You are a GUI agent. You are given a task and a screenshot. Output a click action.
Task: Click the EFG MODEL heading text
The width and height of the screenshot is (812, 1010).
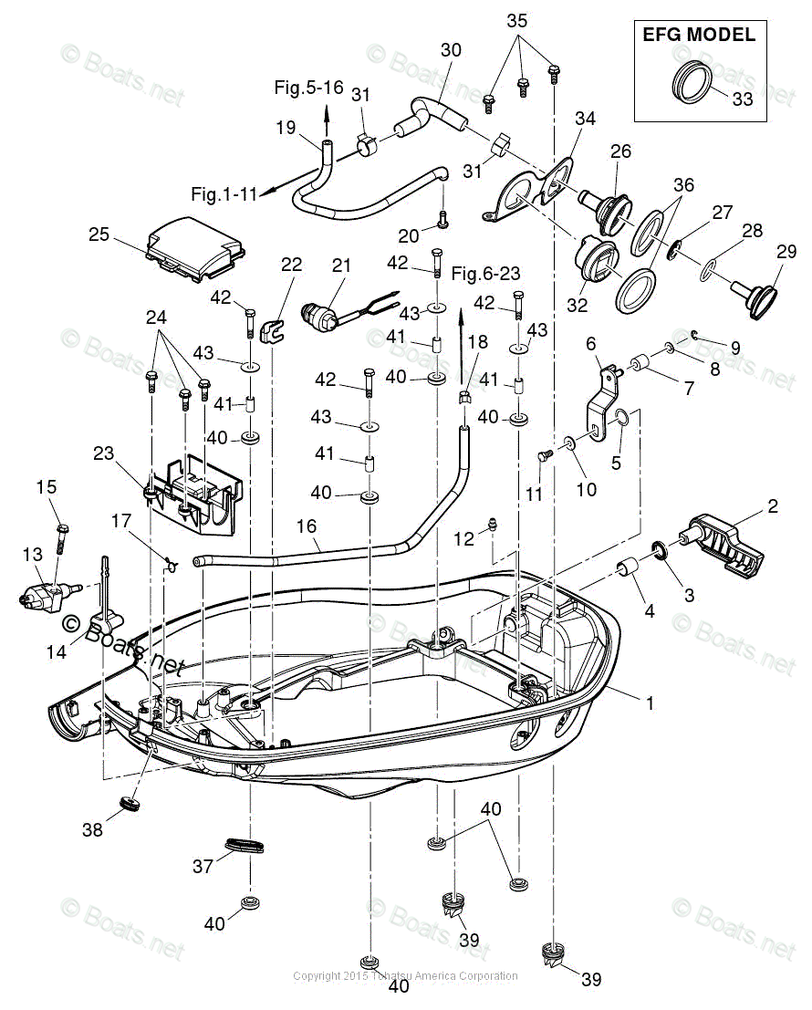pyautogui.click(x=699, y=36)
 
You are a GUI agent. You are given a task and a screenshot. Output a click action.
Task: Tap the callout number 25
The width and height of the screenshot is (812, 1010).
pyautogui.click(x=99, y=234)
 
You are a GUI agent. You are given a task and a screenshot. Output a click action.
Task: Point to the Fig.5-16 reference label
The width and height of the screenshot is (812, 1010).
pyautogui.click(x=308, y=88)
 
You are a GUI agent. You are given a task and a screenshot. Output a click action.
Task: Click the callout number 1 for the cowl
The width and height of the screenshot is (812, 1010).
pyautogui.click(x=650, y=703)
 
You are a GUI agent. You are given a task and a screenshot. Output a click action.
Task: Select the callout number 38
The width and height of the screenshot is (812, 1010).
pyautogui.click(x=92, y=830)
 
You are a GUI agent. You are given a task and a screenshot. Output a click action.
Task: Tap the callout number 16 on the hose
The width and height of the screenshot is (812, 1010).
pyautogui.click(x=306, y=526)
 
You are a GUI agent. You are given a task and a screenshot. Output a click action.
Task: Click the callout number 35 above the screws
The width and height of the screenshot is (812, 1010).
pyautogui.click(x=517, y=20)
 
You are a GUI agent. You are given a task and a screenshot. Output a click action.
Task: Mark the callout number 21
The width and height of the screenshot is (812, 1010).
pyautogui.click(x=341, y=266)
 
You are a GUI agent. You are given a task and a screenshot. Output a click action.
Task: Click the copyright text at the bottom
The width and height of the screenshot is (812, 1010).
pyautogui.click(x=405, y=976)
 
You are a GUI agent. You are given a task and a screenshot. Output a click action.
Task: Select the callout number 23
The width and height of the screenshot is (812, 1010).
pyautogui.click(x=105, y=453)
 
